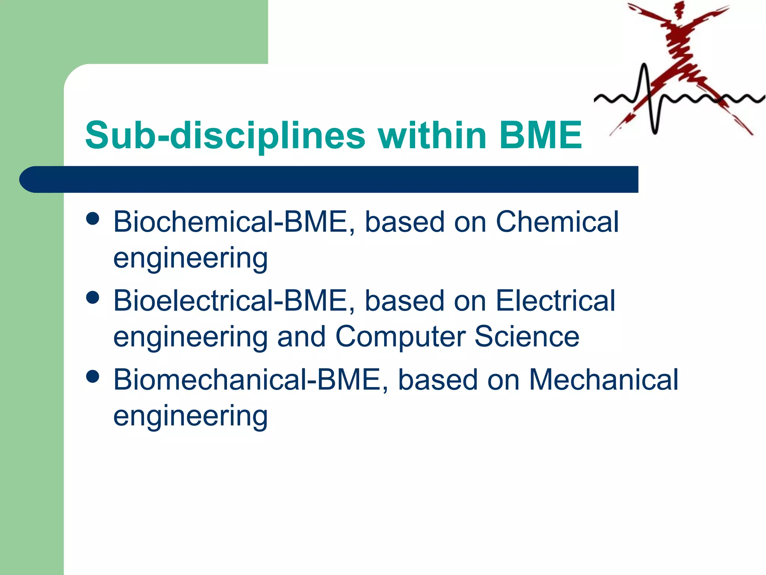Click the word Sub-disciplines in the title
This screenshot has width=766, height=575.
click(225, 136)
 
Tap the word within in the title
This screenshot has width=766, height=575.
click(432, 136)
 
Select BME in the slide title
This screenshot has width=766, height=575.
click(540, 136)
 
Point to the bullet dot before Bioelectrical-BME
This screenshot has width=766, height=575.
click(92, 298)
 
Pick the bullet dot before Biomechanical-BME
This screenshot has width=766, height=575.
click(92, 376)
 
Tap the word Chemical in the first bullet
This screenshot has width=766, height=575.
click(557, 222)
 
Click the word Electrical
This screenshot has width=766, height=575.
click(555, 301)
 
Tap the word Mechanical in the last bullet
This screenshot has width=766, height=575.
click(603, 380)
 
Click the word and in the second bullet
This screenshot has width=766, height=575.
click(301, 337)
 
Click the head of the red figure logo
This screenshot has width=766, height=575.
click(677, 8)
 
